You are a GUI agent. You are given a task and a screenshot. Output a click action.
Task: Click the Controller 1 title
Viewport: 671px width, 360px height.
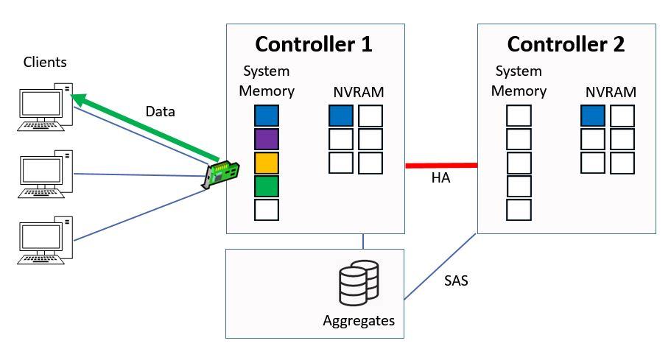pos(314,44)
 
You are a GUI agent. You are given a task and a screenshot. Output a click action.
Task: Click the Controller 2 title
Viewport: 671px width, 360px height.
pos(566,44)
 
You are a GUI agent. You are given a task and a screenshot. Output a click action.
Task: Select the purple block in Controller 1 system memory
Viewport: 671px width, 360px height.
pos(267,139)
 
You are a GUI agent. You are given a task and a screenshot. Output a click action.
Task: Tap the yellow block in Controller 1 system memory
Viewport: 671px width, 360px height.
pos(267,163)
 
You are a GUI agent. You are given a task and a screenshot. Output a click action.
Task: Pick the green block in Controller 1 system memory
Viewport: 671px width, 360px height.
pos(267,186)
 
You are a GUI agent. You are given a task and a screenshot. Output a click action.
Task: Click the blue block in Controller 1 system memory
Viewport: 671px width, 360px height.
pos(267,116)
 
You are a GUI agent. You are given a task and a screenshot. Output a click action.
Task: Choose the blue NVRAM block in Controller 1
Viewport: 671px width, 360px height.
pos(340,116)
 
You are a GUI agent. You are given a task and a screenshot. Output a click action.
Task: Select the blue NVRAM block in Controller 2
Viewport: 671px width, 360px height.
pos(593,116)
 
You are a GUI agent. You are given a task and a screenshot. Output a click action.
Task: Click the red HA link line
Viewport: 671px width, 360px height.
pos(441,166)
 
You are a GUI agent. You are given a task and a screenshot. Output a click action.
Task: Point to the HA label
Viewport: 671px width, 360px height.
pos(441,180)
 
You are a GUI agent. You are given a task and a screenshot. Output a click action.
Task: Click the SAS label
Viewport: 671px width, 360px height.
pos(457,280)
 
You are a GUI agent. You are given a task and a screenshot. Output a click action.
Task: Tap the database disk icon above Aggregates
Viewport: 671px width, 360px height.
pos(358,283)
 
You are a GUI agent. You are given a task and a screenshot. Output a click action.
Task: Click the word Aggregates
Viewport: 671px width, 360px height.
pos(359,321)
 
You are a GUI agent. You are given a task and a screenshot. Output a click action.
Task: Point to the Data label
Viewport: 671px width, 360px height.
pos(160,111)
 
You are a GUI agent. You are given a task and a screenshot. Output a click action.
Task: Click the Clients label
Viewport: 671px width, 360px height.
pos(45,63)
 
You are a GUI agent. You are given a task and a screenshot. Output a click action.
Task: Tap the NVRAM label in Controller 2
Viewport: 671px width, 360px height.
pos(611,93)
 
